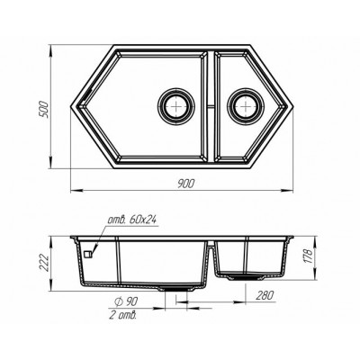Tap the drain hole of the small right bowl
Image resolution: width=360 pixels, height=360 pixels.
coord(243,103)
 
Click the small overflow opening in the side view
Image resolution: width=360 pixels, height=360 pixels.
coord(89,255)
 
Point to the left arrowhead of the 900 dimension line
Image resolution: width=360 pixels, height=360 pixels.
coord(74,189)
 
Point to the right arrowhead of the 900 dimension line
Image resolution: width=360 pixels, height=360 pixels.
coord(296,189)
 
